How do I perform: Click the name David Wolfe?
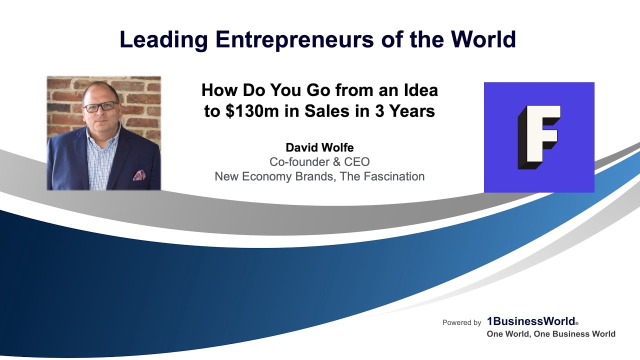tap(319, 147)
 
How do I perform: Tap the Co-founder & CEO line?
tap(319, 162)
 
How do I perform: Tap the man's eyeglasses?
tap(101, 106)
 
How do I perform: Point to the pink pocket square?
tap(139, 175)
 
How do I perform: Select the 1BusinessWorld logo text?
tap(530, 322)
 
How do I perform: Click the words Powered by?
tap(461, 323)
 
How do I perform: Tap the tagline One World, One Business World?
tap(551, 334)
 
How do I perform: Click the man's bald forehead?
tap(100, 92)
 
